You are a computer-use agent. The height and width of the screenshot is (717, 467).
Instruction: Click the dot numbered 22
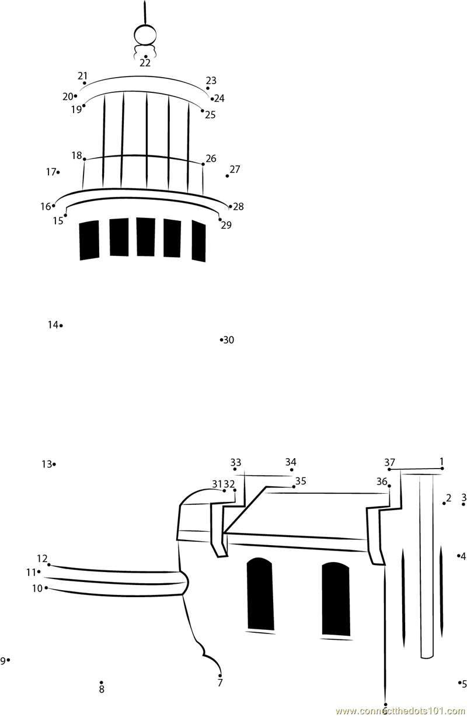pos(145,56)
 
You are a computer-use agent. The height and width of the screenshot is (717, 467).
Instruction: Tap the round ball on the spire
pos(145,35)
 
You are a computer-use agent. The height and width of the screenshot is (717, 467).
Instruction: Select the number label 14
pos(53,325)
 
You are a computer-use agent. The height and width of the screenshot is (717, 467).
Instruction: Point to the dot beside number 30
pos(221,340)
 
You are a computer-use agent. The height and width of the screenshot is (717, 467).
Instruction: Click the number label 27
pos(235,169)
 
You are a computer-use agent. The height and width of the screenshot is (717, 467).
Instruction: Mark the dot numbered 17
pos(58,172)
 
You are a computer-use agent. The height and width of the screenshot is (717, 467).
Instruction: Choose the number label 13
pos(47,464)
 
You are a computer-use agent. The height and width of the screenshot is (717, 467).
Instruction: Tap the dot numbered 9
pos(8,660)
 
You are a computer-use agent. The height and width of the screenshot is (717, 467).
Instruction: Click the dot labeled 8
pos(102,683)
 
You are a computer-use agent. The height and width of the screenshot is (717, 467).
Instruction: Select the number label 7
pos(219,683)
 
